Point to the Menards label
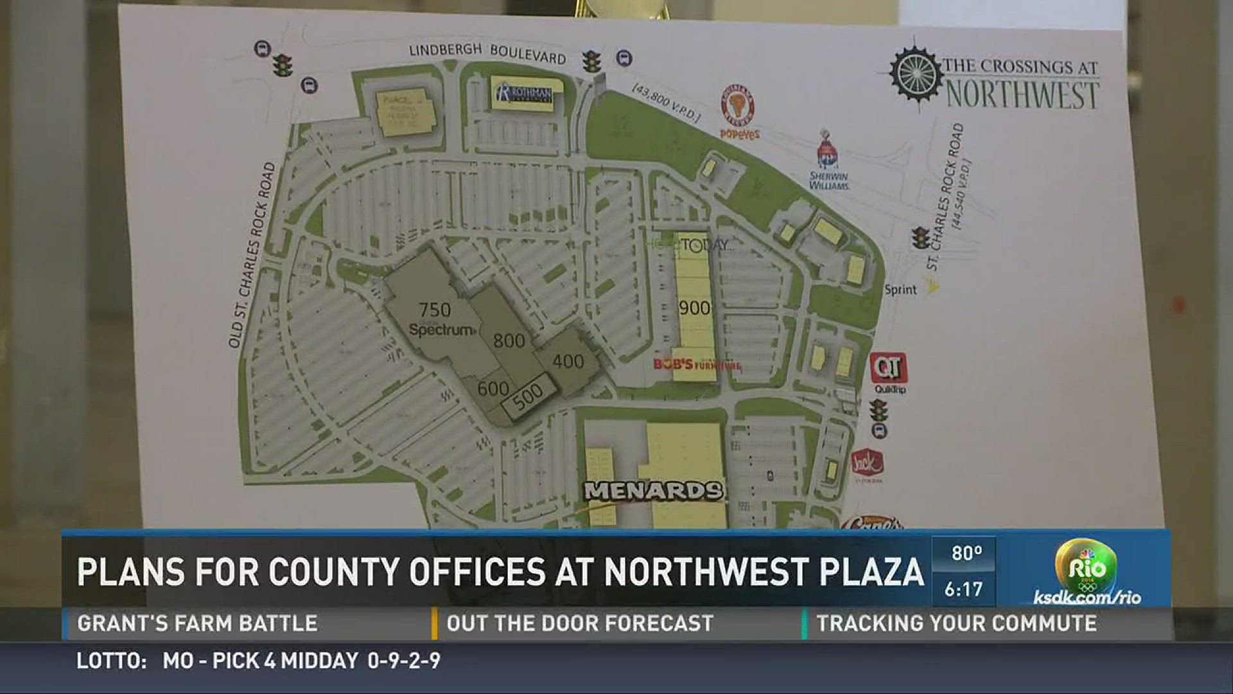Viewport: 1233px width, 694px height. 654,492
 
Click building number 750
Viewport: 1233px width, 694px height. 435,310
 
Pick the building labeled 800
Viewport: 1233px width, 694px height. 509,341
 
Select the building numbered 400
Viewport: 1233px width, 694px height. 568,362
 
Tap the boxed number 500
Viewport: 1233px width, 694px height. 527,396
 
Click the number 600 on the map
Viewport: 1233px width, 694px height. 493,388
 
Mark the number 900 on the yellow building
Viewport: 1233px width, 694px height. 695,308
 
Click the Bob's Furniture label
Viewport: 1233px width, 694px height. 697,365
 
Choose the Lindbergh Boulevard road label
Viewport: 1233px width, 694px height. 487,53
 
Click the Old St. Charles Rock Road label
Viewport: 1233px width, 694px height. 252,256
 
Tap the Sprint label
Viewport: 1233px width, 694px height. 900,290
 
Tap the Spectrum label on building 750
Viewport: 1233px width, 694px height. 442,330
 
